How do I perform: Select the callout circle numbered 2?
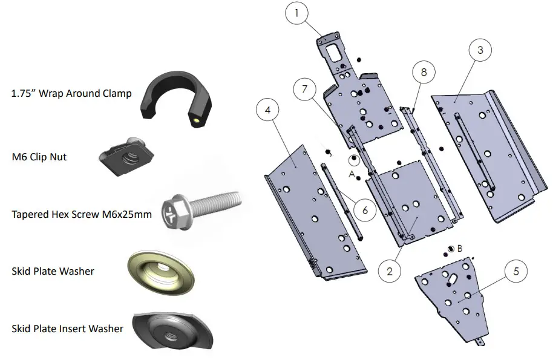tap(390, 271)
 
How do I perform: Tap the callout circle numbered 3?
tap(480, 50)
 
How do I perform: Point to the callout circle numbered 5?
tap(515, 271)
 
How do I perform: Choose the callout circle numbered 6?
tap(365, 210)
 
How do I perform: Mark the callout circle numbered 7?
tap(304, 89)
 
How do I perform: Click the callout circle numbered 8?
tap(424, 71)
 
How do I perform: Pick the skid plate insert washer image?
tap(172, 330)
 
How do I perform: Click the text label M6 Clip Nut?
tap(39, 157)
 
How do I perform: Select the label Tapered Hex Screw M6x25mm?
tap(82, 214)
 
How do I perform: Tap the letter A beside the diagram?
tap(352, 172)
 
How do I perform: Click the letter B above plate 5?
tap(460, 248)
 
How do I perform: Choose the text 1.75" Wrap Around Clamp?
tap(71, 94)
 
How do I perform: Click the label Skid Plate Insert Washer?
tap(68, 329)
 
